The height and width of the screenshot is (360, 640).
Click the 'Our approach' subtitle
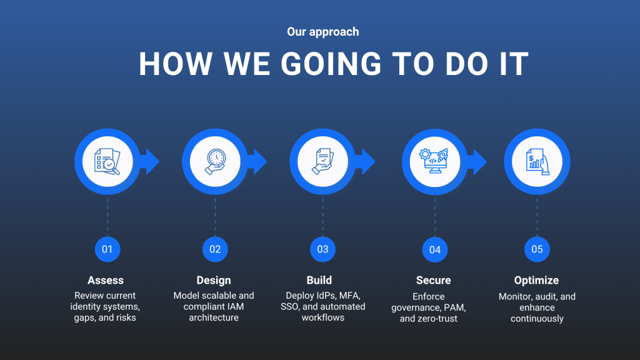323,32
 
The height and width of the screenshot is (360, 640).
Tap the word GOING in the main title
331,64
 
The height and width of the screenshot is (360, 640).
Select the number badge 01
107,249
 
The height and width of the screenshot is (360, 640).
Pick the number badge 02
215,249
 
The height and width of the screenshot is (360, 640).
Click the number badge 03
323,249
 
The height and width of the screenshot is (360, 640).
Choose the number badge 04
435,249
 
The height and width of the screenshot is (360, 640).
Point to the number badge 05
537,249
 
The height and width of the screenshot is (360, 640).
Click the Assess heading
105,281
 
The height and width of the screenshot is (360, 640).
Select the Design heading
214,281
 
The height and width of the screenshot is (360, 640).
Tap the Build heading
319,281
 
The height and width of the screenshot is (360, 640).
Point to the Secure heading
434,281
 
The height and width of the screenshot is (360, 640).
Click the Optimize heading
536,281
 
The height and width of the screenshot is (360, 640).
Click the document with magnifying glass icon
107,162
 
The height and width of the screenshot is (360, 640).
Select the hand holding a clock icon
215,162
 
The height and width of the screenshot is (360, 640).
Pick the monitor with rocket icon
434,161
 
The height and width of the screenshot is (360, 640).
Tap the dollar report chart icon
537,162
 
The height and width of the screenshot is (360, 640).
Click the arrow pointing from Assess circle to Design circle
149,162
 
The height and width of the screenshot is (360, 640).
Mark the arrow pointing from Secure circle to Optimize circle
477,162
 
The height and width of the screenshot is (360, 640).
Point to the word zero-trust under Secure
437,319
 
